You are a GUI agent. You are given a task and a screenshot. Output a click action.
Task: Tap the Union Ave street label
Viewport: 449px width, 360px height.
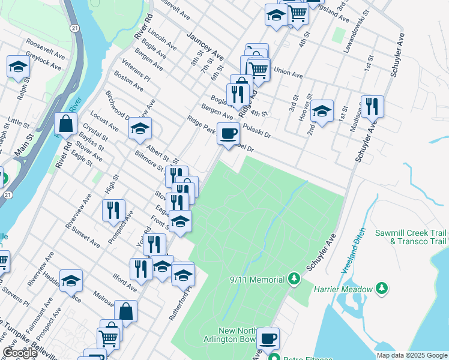pos(288,73)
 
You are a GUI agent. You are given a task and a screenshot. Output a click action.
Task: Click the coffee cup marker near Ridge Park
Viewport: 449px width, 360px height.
pos(228,133)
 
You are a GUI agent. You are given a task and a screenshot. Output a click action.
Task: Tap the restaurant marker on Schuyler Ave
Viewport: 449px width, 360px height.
pos(372,106)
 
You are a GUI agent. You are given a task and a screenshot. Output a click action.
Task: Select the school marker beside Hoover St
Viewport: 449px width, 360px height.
pos(322,111)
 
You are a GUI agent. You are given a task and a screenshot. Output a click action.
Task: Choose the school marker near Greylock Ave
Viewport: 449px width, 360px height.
pos(19,66)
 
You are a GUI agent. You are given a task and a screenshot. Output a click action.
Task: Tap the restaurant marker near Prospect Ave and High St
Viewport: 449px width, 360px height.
pos(113,210)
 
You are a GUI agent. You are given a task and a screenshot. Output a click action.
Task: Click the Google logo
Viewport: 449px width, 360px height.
pos(20,353)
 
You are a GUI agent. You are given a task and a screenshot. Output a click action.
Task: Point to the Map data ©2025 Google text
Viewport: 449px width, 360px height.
pos(412,355)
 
